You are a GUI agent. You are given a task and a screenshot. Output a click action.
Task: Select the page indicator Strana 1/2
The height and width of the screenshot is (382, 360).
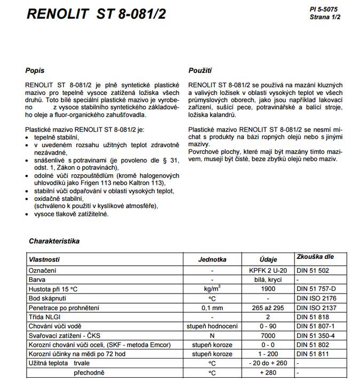click(x=325, y=17)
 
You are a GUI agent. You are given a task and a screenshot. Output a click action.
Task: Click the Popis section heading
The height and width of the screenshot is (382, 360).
click(x=35, y=70)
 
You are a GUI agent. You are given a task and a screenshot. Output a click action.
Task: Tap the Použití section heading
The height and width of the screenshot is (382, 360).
click(x=201, y=70)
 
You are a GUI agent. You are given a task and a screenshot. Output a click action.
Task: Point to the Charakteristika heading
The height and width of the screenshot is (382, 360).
click(x=54, y=241)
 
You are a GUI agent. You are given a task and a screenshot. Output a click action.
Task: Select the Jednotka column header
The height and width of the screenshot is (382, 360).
click(x=212, y=260)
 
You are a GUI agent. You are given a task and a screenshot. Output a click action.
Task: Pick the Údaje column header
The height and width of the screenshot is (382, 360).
click(x=268, y=260)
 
